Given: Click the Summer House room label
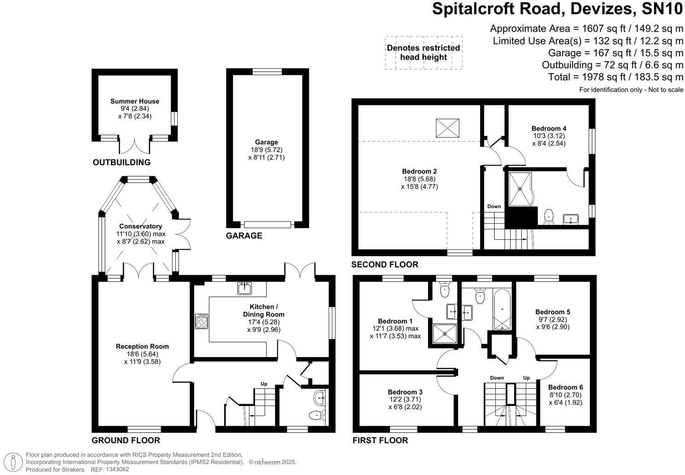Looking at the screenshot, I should click(134, 101).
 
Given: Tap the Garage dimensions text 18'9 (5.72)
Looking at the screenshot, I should click(266, 150).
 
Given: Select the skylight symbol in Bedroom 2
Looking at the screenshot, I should click(447, 127).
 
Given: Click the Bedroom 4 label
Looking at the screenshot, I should click(549, 128).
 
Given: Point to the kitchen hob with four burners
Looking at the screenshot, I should click(202, 321).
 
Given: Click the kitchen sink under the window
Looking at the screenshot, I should click(244, 288).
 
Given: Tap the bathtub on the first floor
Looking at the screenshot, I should click(501, 310).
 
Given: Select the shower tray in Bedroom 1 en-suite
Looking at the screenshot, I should click(445, 334).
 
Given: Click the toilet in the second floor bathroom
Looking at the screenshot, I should click(548, 216).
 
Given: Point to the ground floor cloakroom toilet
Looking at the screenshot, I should click(316, 416).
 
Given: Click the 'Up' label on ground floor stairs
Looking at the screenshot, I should click(264, 384).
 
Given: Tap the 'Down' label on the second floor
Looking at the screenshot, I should click(494, 206).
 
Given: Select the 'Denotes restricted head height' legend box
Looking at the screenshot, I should click(424, 52).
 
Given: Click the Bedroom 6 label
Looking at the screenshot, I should click(565, 387).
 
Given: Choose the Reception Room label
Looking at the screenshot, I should click(142, 347).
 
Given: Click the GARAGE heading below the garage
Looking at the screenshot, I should click(244, 236).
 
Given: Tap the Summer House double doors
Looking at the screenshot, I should click(134, 146).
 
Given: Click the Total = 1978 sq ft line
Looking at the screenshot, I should click(615, 77).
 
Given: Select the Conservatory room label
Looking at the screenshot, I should click(140, 226).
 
